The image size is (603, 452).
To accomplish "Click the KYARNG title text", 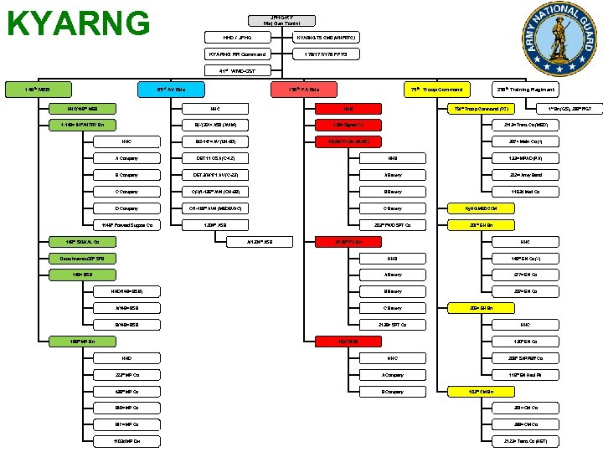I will pyautogui.click(x=78, y=23).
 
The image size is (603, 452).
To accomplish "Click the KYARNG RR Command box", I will pyautogui.click(x=244, y=54).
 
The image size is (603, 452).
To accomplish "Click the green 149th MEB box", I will pyautogui.click(x=39, y=89).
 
